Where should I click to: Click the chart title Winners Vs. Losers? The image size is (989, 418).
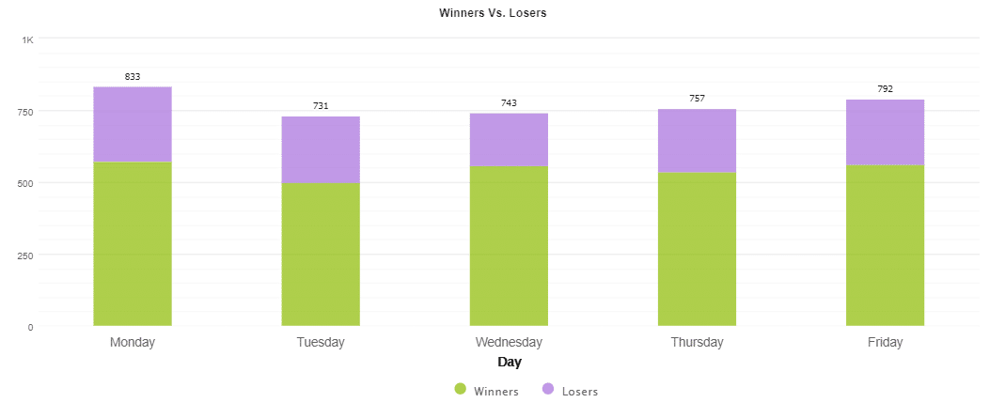[x=493, y=13]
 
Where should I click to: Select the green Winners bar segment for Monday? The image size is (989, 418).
[x=133, y=244]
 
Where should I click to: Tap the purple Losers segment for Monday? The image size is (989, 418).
[x=133, y=124]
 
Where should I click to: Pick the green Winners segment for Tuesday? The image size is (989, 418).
[x=321, y=255]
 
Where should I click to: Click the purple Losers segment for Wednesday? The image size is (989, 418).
[x=509, y=140]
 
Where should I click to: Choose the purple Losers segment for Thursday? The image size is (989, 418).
[x=697, y=141]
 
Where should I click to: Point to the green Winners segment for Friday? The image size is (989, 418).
[x=885, y=245]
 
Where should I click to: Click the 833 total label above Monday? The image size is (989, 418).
[x=133, y=76]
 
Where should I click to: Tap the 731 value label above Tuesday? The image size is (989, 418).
[x=321, y=106]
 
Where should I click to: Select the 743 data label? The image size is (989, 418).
[x=509, y=102]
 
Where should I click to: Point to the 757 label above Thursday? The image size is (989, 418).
[x=697, y=99]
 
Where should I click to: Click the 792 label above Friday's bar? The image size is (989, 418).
[x=885, y=89]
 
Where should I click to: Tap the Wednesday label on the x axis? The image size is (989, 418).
[x=509, y=343]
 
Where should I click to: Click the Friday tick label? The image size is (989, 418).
[x=885, y=343]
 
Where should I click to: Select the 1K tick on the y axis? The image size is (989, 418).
[x=27, y=39]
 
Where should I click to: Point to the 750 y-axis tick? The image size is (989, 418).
[x=24, y=112]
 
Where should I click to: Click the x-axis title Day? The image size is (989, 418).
[x=509, y=363]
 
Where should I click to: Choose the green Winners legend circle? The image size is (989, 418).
[x=460, y=390]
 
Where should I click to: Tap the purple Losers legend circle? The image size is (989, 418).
[x=548, y=390]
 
